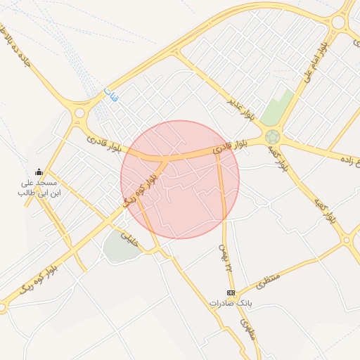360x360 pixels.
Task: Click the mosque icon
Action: coord(39,172)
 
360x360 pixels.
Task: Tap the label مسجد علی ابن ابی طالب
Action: coord(39,187)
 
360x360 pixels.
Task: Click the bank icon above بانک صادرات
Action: coord(231,292)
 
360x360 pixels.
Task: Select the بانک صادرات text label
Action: coord(230,303)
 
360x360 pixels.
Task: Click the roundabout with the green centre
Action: coord(272,136)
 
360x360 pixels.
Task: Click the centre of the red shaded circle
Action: coord(180,179)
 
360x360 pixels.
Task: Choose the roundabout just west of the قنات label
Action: coord(79,112)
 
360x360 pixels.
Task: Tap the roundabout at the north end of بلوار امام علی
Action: coord(339,22)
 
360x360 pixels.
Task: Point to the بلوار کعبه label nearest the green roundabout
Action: coord(278,159)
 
